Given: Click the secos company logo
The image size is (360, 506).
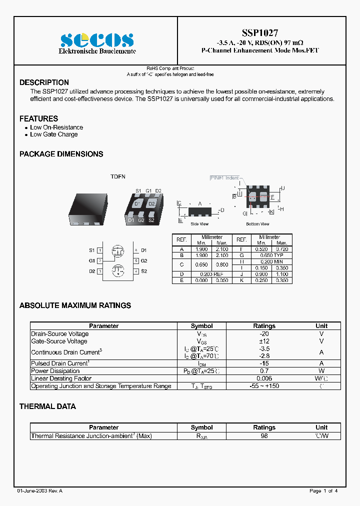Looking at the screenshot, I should click(x=97, y=40).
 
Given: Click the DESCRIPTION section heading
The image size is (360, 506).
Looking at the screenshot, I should click(x=44, y=82).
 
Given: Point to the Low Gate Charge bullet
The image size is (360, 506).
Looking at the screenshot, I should click(x=54, y=134).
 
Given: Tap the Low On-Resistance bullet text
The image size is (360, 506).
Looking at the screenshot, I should click(x=56, y=127).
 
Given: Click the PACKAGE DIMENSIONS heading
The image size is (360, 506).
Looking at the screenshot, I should click(x=61, y=154).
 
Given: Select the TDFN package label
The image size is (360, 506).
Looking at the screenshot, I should click(x=118, y=177).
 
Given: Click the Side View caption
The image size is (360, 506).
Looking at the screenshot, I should click(x=199, y=224).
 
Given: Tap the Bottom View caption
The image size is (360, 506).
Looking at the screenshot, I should click(x=257, y=224).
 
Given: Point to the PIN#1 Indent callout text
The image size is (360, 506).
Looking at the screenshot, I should click(x=224, y=178).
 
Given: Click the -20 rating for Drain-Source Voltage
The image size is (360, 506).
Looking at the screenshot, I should click(x=264, y=334).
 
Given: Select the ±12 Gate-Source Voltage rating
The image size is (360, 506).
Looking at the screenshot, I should click(x=264, y=341).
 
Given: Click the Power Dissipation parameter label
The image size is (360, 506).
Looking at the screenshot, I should click(x=55, y=371).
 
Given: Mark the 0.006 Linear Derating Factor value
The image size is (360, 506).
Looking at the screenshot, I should click(x=264, y=378).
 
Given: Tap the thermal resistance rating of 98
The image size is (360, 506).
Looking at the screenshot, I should click(x=264, y=436).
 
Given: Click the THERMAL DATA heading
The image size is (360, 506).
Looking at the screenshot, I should click(x=47, y=406).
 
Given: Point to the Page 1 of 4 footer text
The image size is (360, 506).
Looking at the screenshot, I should click(x=324, y=491).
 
